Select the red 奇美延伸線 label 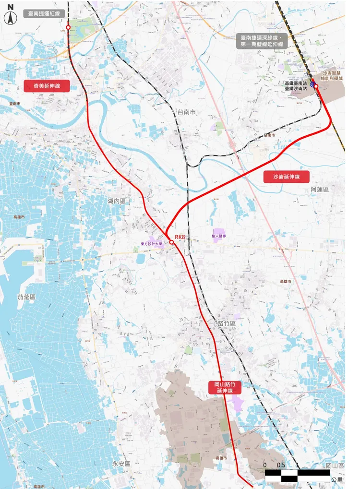pyautogui.click(x=47, y=86)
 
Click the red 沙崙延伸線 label pyautogui.click(x=286, y=177)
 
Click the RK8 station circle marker pyautogui.click(x=171, y=242)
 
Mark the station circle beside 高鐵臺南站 pyautogui.click(x=316, y=86)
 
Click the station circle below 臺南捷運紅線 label pyautogui.click(x=68, y=28)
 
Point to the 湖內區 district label pyautogui.click(x=117, y=201)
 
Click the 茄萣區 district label pyautogui.click(x=26, y=298)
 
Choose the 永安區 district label pyautogui.click(x=121, y=464)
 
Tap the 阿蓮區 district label pyautogui.click(x=320, y=190)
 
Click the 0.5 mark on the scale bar pyautogui.click(x=281, y=465)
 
